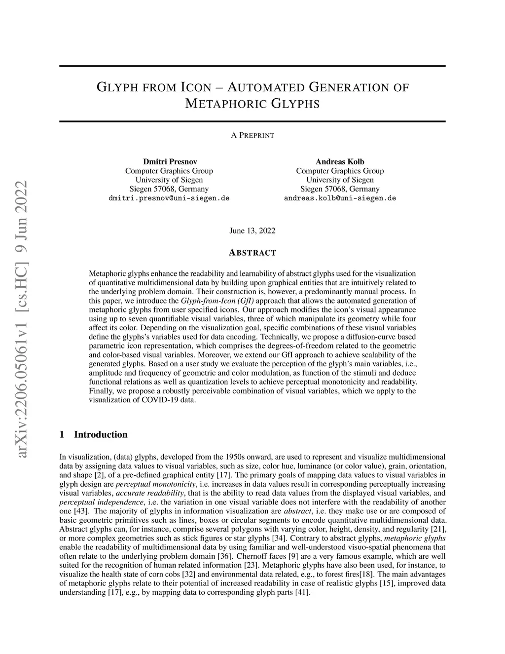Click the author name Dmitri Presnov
(169, 161)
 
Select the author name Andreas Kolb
(340, 161)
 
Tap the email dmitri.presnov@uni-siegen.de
(169, 198)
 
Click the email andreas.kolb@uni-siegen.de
(340, 198)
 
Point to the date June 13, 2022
(252, 231)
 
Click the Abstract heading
(252, 253)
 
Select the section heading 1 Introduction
(93, 434)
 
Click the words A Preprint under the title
(252, 135)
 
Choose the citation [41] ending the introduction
(302, 592)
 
